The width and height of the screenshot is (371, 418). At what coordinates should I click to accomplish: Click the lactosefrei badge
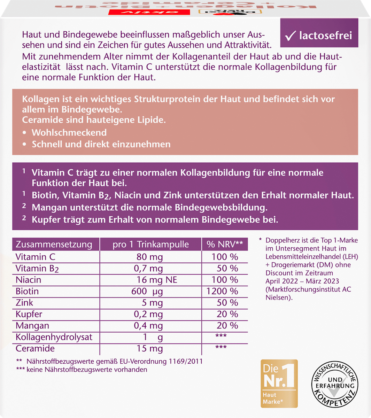pyautogui.click(x=319, y=36)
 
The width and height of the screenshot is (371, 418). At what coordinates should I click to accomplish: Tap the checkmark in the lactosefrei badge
pyautogui.click(x=290, y=36)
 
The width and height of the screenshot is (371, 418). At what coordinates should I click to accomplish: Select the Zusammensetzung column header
pyautogui.click(x=54, y=245)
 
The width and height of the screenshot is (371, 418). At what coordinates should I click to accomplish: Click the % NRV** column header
pyautogui.click(x=225, y=245)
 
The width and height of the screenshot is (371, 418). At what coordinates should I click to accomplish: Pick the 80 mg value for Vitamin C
pyautogui.click(x=149, y=257)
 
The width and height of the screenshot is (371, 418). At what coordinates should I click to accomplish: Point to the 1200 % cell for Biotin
pyautogui.click(x=222, y=291)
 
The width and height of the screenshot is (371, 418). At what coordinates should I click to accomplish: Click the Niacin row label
pyautogui.click(x=29, y=280)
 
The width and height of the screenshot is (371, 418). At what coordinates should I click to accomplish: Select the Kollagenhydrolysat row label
pyautogui.click(x=54, y=337)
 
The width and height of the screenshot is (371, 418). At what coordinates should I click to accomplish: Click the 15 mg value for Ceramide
pyautogui.click(x=149, y=349)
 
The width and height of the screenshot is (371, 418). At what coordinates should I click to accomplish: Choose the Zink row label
pyautogui.click(x=24, y=303)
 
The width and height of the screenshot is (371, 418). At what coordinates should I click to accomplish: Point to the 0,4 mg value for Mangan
pyautogui.click(x=148, y=326)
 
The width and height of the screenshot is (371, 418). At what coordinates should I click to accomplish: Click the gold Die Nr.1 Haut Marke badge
pyautogui.click(x=279, y=383)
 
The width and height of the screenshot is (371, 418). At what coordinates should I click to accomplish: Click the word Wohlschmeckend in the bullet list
pyautogui.click(x=69, y=133)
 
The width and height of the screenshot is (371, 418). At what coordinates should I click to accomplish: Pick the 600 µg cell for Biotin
pyautogui.click(x=147, y=291)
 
